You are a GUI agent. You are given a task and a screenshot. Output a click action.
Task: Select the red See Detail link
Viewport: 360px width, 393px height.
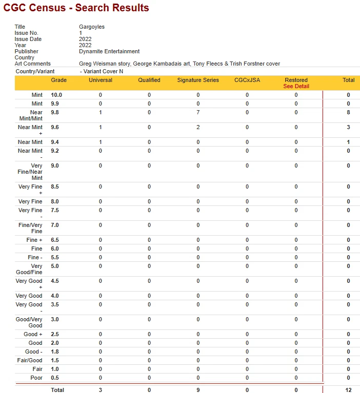(x=296, y=86)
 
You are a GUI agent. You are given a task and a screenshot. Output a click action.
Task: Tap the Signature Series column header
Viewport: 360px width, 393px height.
(x=198, y=80)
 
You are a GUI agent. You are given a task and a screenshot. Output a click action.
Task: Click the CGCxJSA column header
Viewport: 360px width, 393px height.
(x=247, y=80)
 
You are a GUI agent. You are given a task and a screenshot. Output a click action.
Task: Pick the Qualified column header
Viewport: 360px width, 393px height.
(x=149, y=80)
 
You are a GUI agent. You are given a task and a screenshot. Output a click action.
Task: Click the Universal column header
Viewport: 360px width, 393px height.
(x=101, y=80)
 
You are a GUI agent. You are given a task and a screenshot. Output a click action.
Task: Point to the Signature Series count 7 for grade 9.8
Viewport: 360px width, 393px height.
(x=198, y=112)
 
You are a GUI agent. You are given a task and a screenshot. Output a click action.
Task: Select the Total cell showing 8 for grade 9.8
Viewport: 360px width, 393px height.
(x=348, y=112)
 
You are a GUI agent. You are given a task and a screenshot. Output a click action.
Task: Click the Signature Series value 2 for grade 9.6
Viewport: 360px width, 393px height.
(x=198, y=127)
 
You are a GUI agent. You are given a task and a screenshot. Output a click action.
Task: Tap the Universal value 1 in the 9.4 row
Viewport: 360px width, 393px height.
(x=101, y=142)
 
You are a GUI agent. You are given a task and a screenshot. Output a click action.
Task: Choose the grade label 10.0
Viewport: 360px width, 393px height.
(x=56, y=95)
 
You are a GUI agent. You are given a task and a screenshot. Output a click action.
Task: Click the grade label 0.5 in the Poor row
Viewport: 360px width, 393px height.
(x=55, y=378)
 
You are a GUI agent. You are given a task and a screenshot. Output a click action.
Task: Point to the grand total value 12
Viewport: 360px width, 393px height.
(x=348, y=390)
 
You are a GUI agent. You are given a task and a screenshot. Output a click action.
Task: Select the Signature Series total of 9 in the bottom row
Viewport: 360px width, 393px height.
(x=198, y=390)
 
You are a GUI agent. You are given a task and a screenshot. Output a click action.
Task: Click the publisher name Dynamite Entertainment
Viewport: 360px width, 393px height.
(x=109, y=51)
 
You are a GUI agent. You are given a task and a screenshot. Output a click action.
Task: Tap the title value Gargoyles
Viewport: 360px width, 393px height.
(x=91, y=27)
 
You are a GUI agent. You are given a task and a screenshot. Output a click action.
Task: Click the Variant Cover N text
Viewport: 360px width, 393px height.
(x=103, y=71)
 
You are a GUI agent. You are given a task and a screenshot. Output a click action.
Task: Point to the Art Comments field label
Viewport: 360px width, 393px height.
(x=33, y=64)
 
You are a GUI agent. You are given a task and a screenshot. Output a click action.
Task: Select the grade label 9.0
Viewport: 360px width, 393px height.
(x=55, y=166)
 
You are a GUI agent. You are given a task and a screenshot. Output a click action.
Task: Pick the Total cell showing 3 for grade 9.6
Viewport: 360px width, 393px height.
(x=348, y=127)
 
